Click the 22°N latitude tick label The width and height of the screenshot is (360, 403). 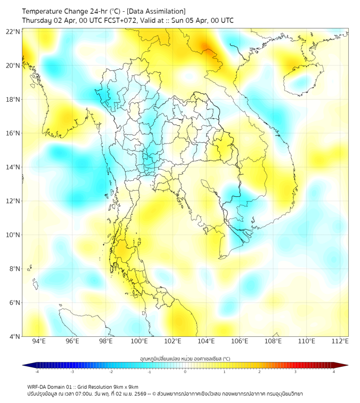click(x=13, y=31)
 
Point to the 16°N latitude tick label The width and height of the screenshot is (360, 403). click(x=13, y=133)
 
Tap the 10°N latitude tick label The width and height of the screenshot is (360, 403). click(x=13, y=235)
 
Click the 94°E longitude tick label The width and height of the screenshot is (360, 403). click(x=39, y=341)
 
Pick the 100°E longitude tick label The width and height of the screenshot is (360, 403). click(x=139, y=341)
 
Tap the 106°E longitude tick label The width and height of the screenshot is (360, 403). click(x=240, y=341)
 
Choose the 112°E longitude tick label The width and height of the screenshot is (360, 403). click(x=340, y=341)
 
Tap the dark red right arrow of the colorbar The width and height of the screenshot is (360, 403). click(x=345, y=365)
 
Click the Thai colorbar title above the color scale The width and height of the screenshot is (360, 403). click(x=185, y=359)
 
